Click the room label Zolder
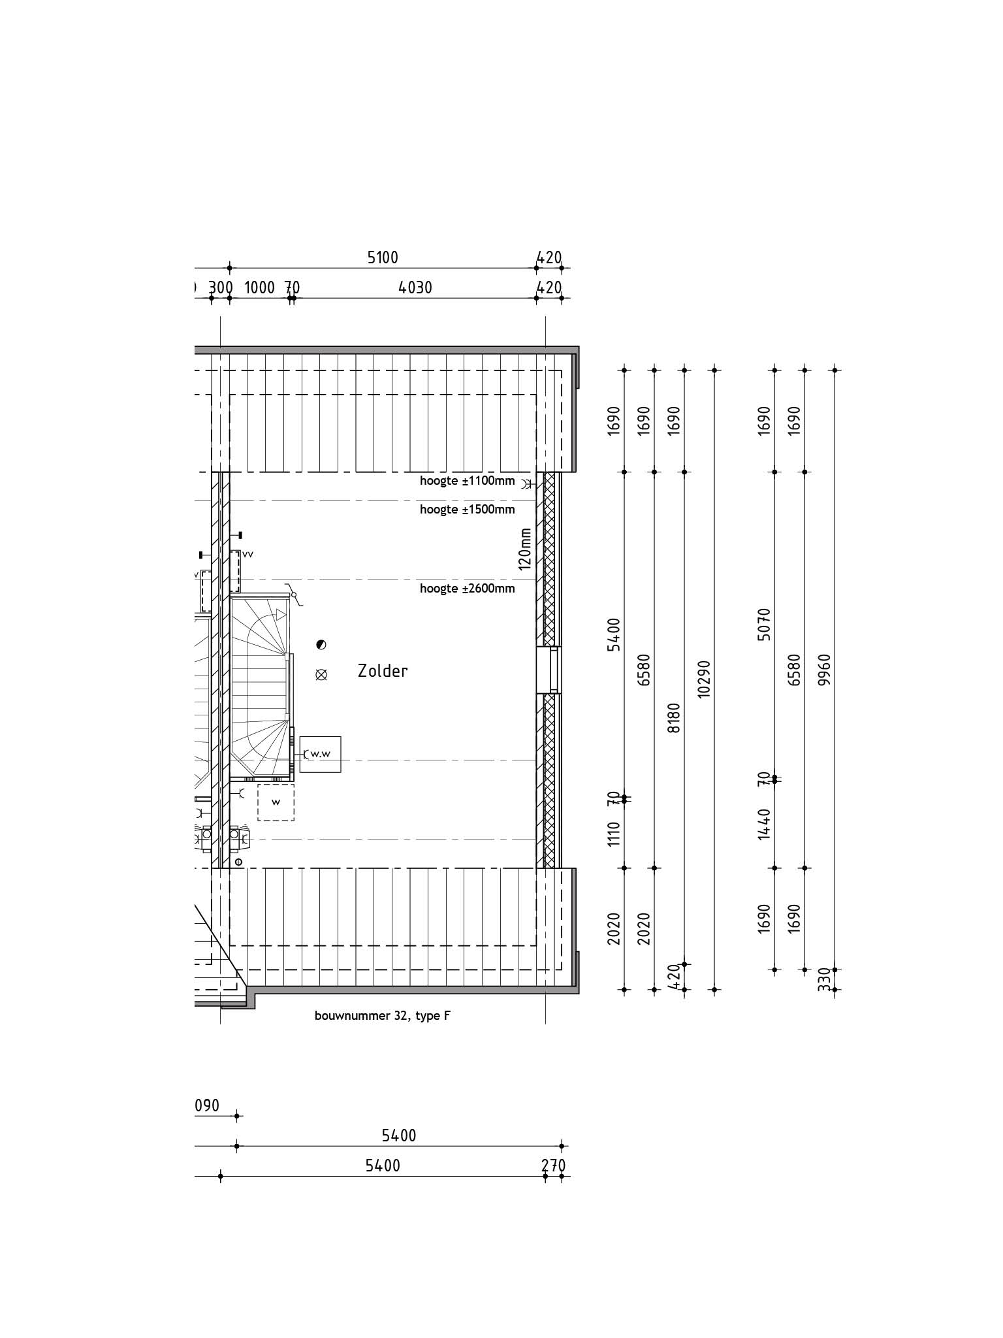pyautogui.click(x=383, y=671)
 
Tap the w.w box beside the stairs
pyautogui.click(x=320, y=754)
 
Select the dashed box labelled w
pyautogui.click(x=276, y=802)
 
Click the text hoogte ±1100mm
pyautogui.click(x=467, y=481)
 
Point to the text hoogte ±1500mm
pyautogui.click(x=467, y=510)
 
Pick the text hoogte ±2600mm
pyautogui.click(x=467, y=589)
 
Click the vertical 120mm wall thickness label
pyautogui.click(x=525, y=549)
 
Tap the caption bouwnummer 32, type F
pyautogui.click(x=383, y=1016)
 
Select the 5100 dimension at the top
pyautogui.click(x=383, y=258)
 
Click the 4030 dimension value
pyautogui.click(x=416, y=287)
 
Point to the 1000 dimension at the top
pyautogui.click(x=259, y=287)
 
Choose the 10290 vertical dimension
pyautogui.click(x=703, y=679)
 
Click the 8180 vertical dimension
pyautogui.click(x=675, y=717)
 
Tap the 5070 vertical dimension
pyautogui.click(x=765, y=624)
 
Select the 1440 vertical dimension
pyautogui.click(x=765, y=824)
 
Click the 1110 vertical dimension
pyautogui.click(x=614, y=834)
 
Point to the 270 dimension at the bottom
pyautogui.click(x=554, y=1166)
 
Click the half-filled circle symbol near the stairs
pyautogui.click(x=321, y=645)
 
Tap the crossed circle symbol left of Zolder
pyautogui.click(x=321, y=676)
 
